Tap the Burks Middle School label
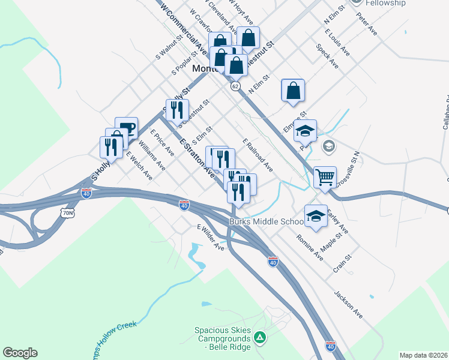267,221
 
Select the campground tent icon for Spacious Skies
259,338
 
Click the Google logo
20,353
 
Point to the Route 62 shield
235,86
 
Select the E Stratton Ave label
197,157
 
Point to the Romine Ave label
310,247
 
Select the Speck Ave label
327,56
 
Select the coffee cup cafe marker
126,128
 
